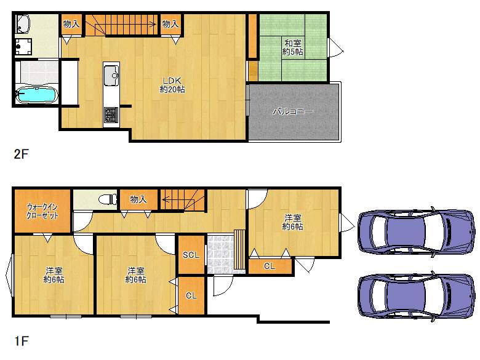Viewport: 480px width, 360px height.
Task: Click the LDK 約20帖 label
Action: point(172,84)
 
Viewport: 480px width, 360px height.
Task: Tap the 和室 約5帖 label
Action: point(292,47)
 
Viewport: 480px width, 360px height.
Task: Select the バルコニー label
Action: point(294,112)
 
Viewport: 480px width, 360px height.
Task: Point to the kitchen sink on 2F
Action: point(112,76)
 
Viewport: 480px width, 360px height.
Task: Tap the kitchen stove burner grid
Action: point(111,114)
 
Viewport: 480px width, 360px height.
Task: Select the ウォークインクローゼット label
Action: point(42,212)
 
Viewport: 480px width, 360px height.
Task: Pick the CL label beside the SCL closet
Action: point(191,295)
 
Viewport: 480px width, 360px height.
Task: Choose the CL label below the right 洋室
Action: point(270,266)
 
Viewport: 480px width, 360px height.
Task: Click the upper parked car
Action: point(415,230)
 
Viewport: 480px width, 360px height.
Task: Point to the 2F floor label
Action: point(21,154)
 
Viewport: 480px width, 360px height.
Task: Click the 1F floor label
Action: point(21,340)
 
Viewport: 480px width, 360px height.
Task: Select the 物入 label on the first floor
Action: point(138,199)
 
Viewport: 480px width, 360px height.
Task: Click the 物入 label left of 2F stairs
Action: point(71,25)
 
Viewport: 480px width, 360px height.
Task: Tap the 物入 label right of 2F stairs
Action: point(170,25)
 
